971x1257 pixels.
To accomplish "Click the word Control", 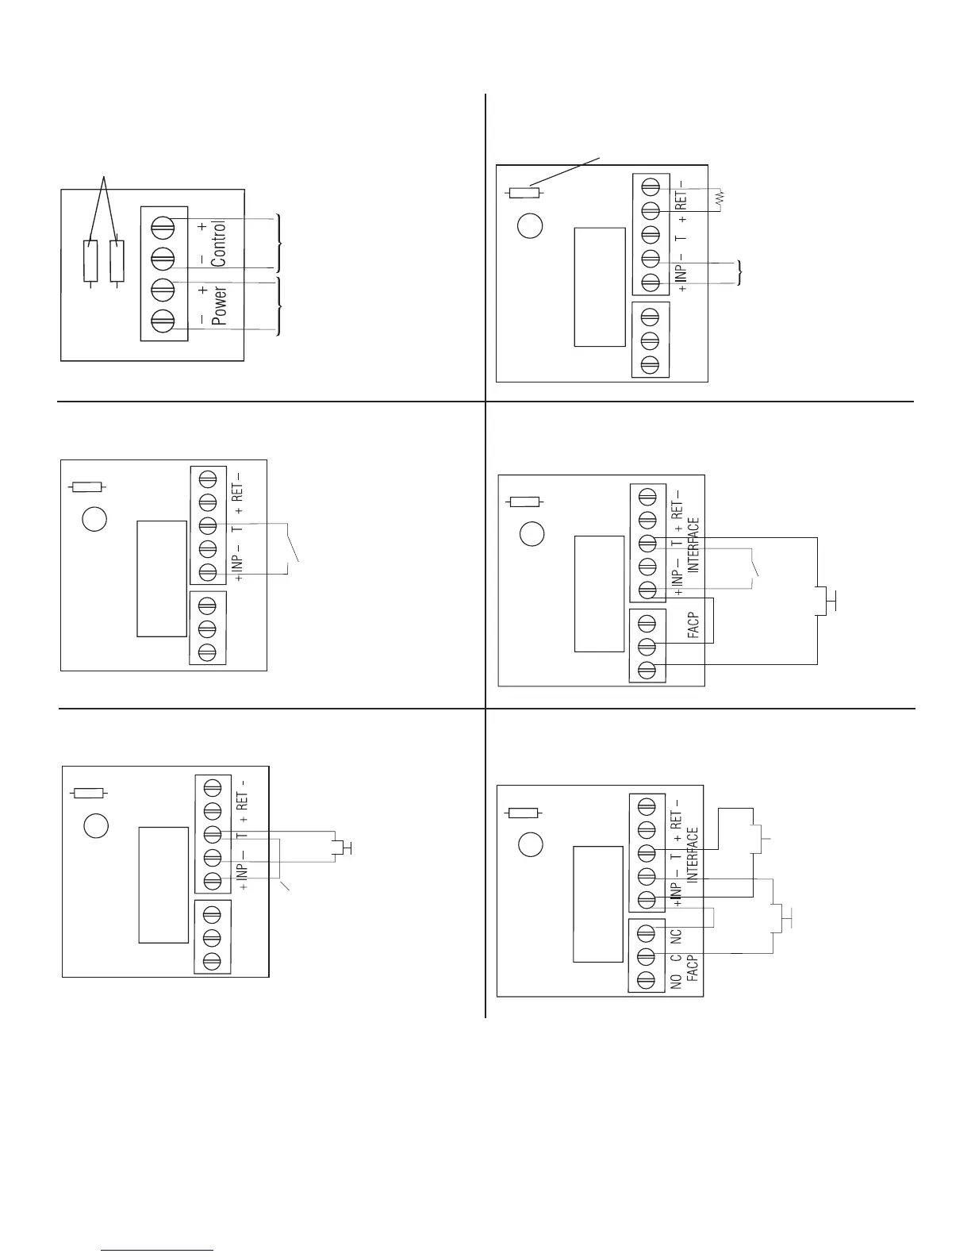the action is click(219, 244).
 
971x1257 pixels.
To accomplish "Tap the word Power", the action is click(220, 306).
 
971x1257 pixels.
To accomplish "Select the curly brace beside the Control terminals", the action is click(278, 243).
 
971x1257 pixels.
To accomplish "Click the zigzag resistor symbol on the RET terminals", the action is click(721, 199).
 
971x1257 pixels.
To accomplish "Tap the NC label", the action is click(677, 936).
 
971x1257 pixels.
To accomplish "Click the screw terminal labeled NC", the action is click(647, 932).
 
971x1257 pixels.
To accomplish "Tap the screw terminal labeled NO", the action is click(647, 980).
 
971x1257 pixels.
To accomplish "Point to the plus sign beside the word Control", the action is click(202, 227).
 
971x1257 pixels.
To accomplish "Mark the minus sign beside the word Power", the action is click(202, 319).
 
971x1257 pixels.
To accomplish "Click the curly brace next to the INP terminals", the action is click(740, 272).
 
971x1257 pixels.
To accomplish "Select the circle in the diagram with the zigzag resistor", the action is click(530, 226).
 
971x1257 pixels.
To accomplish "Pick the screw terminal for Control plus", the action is click(163, 225).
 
